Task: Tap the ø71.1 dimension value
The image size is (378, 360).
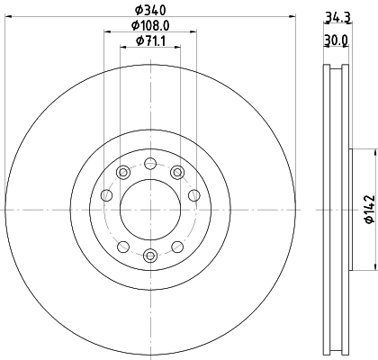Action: pos(148,41)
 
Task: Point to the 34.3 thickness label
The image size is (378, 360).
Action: pos(337,16)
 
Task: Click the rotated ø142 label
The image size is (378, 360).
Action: pos(367,208)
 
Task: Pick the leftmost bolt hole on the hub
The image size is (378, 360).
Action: pos(106,194)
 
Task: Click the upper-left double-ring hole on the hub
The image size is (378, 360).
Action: pos(122,172)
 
